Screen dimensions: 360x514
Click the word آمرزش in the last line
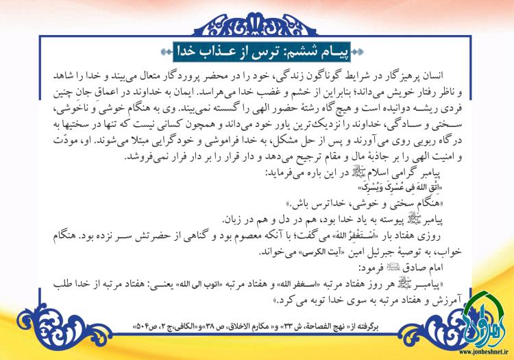(x=439, y=298)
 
